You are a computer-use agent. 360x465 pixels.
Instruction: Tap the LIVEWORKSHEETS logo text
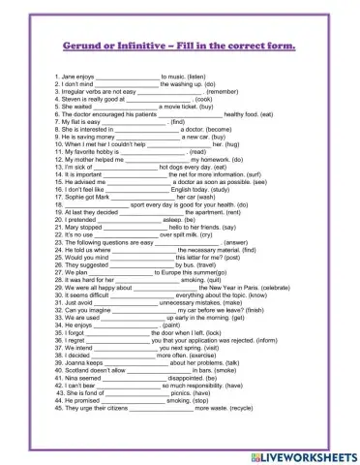click(311, 451)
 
